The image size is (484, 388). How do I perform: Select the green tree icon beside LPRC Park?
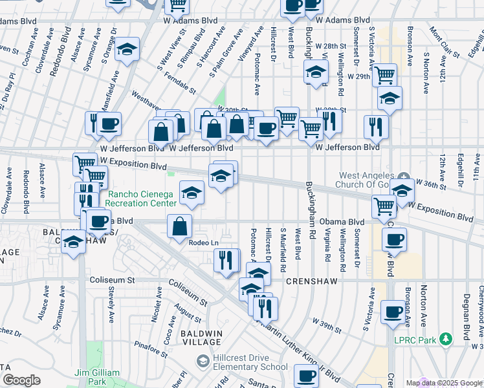click(445, 339)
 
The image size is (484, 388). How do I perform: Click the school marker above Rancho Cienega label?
click(192, 193)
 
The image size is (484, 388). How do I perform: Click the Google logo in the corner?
click(21, 380)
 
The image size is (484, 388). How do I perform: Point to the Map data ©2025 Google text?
click(444, 383)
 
